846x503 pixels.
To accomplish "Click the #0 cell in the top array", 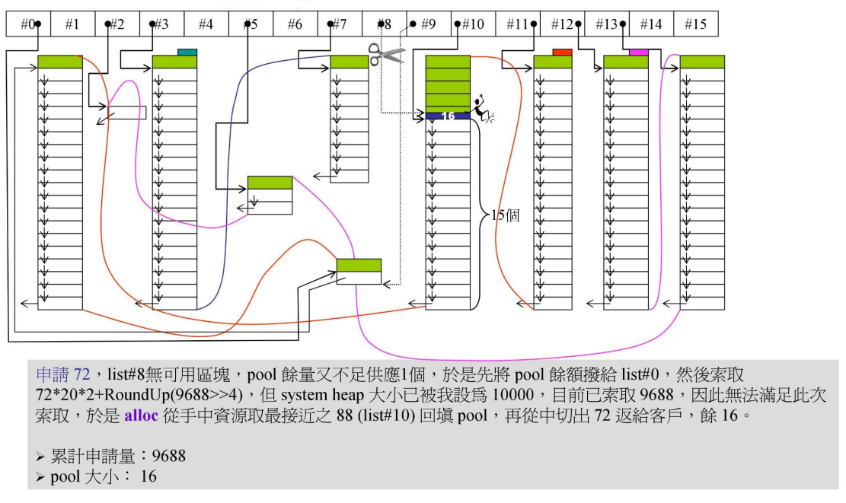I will pyautogui.click(x=29, y=24).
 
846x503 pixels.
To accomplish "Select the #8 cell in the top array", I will pyautogui.click(x=384, y=24).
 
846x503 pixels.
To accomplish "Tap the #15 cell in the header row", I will pyautogui.click(x=694, y=24).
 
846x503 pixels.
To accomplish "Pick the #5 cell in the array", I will pyautogui.click(x=251, y=24).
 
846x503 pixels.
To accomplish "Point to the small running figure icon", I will pyautogui.click(x=482, y=110).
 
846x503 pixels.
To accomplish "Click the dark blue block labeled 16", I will pyautogui.click(x=448, y=116).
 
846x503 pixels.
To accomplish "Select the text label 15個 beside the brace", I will pyautogui.click(x=504, y=215).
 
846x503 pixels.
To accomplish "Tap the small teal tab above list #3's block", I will pyautogui.click(x=187, y=52).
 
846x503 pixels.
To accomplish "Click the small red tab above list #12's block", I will pyautogui.click(x=562, y=52).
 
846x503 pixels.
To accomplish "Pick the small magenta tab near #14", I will pyautogui.click(x=638, y=52).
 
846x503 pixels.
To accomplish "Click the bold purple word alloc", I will pyautogui.click(x=141, y=417).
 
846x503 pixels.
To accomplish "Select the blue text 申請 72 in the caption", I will pyautogui.click(x=63, y=374).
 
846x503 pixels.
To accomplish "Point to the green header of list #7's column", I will pyautogui.click(x=349, y=62).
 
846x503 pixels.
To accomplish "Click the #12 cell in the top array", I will pyautogui.click(x=561, y=24).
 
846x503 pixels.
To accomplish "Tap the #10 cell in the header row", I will pyautogui.click(x=473, y=24).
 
